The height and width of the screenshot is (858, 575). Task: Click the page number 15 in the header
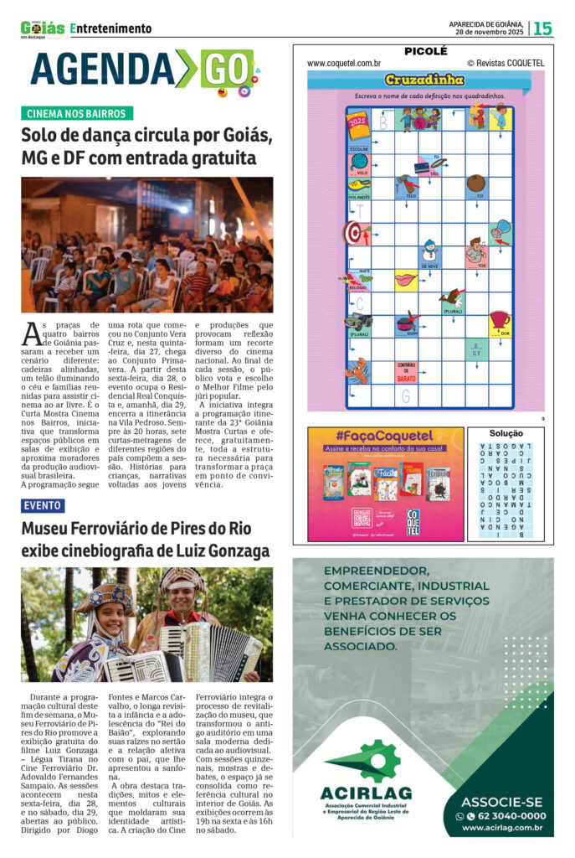click(x=543, y=28)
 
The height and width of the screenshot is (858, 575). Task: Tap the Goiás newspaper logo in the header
click(x=43, y=28)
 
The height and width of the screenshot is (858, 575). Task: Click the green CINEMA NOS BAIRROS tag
click(x=76, y=113)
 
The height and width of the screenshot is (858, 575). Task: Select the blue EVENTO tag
click(x=43, y=505)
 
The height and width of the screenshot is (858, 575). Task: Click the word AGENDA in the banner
click(x=100, y=69)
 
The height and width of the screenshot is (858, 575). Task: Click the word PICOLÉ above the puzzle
click(x=425, y=51)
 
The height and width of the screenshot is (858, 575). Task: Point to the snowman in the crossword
click(x=429, y=251)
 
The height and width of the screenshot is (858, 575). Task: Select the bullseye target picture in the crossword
click(x=355, y=231)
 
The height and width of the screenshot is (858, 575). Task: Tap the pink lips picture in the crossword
click(x=406, y=278)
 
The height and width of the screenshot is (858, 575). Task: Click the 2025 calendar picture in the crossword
click(x=358, y=127)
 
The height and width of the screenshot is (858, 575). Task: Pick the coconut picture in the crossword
click(x=476, y=183)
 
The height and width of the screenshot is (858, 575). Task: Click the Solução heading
click(x=506, y=433)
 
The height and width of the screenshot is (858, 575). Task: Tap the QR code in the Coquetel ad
click(x=362, y=518)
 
